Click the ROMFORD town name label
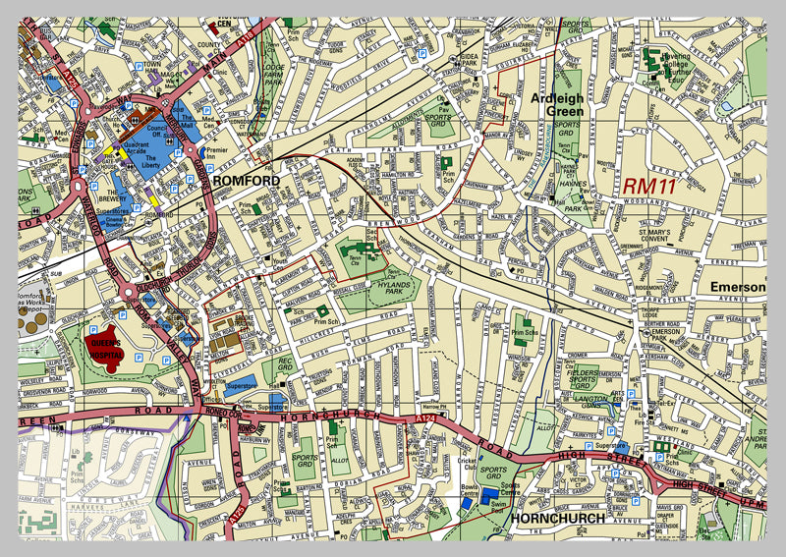coord(247,181)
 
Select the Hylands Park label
coord(390,285)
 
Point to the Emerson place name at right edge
coord(737,287)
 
